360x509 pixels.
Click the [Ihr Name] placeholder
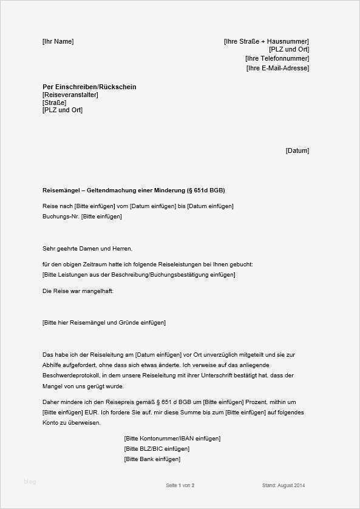pos(58,41)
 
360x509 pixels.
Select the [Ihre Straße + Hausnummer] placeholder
pos(266,41)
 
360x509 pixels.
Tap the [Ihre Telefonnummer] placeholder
pos(277,59)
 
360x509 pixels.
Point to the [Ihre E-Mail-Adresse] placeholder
pos(277,68)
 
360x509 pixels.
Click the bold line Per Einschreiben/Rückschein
pos(89,87)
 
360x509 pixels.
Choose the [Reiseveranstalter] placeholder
pos(70,95)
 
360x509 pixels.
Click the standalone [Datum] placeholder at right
pos(297,150)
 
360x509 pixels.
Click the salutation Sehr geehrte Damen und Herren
pos(87,249)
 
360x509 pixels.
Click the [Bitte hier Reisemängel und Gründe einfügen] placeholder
pos(104,323)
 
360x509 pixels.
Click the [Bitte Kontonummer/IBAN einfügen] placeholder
pos(172,438)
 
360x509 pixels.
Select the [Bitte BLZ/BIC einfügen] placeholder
pos(156,449)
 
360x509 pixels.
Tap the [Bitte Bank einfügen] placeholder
pos(152,459)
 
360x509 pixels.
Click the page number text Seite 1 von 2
pos(180,485)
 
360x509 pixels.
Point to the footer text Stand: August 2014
pos(284,485)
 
